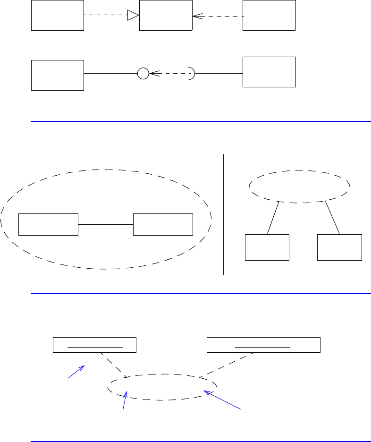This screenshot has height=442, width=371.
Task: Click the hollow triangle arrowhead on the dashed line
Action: [133, 16]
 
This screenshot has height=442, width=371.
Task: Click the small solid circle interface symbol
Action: [143, 74]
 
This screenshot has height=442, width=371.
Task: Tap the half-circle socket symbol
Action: [192, 74]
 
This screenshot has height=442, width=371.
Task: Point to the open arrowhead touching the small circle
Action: [153, 74]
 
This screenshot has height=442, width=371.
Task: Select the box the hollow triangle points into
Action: [166, 16]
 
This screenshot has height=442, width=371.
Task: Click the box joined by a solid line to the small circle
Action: [57, 75]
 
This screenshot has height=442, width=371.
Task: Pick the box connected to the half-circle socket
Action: [269, 72]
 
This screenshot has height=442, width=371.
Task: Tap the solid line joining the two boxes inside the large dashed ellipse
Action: [106, 224]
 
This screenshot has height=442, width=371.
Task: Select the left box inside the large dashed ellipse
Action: [48, 224]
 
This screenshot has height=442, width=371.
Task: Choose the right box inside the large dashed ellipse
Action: [163, 224]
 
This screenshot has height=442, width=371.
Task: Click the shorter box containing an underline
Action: [94, 345]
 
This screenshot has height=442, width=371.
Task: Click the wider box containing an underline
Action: [263, 345]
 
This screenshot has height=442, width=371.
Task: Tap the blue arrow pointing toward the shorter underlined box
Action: [76, 371]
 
